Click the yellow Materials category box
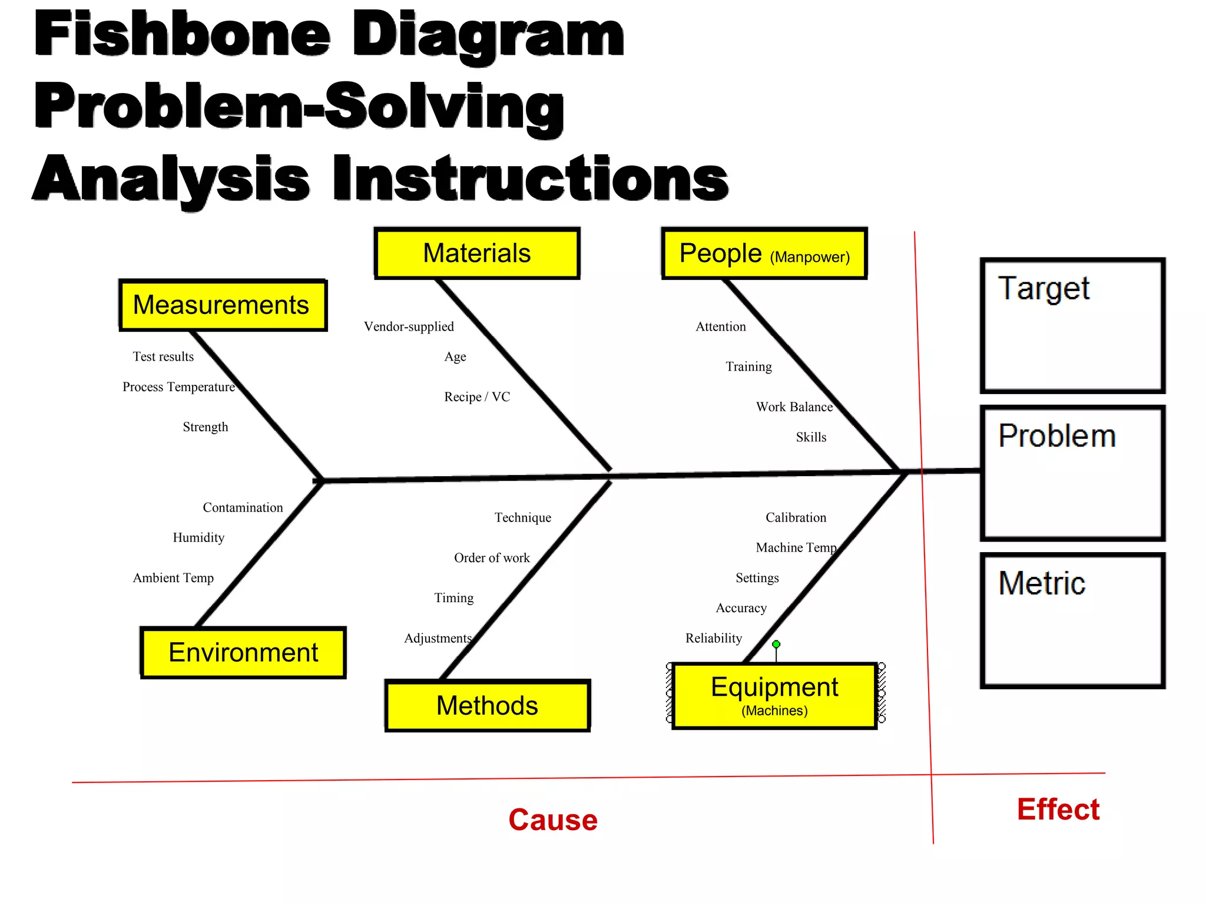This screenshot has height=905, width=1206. pos(477,253)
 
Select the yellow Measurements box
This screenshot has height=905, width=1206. pos(222,305)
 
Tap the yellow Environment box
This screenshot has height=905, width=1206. pos(243,653)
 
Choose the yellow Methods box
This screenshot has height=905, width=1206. pos(487,705)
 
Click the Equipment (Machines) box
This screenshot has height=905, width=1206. pos(774,695)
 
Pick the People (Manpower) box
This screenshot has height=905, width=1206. pos(764,253)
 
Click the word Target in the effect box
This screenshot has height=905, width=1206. pos(1043,289)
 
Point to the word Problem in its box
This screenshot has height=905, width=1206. pos(1057,436)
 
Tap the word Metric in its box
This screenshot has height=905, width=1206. pos(1042,583)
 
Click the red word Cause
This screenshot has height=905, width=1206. pos(553,820)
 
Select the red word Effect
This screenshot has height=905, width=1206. pos(1058,809)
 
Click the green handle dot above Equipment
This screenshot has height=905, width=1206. pos(776,644)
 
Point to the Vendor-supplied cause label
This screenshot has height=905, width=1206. pos(409,326)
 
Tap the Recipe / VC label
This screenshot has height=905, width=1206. pos(477,397)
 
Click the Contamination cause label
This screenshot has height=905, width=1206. pos(243,507)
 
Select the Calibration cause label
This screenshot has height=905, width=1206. pos(796,517)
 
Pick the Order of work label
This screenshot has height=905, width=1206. pos(492,557)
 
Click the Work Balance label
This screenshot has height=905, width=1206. pos(794,407)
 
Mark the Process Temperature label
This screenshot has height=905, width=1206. pos(178,387)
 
